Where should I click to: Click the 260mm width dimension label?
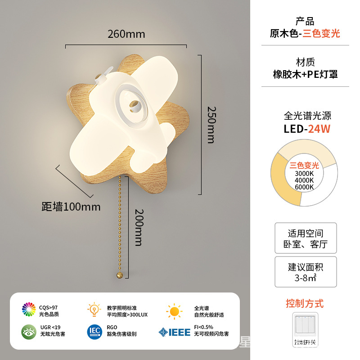point(126,34)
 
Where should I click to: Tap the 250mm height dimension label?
point(211,125)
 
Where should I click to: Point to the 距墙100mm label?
point(71,207)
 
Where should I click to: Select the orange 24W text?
point(319,129)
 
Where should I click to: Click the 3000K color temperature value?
point(304,174)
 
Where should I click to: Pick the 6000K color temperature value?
point(304,187)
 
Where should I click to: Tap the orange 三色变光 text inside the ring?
point(304,166)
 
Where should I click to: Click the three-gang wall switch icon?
point(306,327)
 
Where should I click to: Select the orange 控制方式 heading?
point(305,303)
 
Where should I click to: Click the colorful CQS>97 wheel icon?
point(29,310)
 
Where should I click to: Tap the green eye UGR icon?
point(29,331)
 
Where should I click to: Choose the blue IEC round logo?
point(94,332)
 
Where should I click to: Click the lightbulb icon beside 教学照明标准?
point(94,310)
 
